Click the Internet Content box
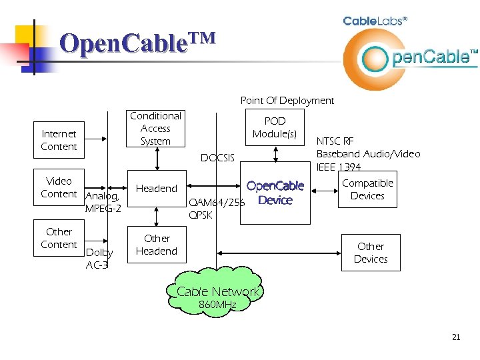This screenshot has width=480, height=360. [59, 140]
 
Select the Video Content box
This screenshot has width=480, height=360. [59, 187]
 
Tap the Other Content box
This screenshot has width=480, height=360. [59, 238]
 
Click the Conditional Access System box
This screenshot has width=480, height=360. [155, 129]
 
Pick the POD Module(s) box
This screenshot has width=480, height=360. [275, 127]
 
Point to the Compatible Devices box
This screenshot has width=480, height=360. [367, 189]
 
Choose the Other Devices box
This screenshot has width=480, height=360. [371, 253]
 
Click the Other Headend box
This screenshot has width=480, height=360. [157, 245]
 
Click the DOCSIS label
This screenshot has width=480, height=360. [217, 158]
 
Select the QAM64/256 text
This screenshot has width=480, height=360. [217, 203]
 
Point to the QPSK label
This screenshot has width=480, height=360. [201, 215]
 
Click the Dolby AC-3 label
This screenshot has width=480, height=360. [99, 259]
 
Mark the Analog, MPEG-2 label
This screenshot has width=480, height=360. [103, 203]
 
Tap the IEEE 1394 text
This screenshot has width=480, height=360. [339, 167]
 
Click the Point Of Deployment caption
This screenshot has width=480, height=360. [287, 101]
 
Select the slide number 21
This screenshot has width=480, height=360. [456, 337]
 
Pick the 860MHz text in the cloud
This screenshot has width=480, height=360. [217, 305]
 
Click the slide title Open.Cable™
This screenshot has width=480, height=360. [137, 43]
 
